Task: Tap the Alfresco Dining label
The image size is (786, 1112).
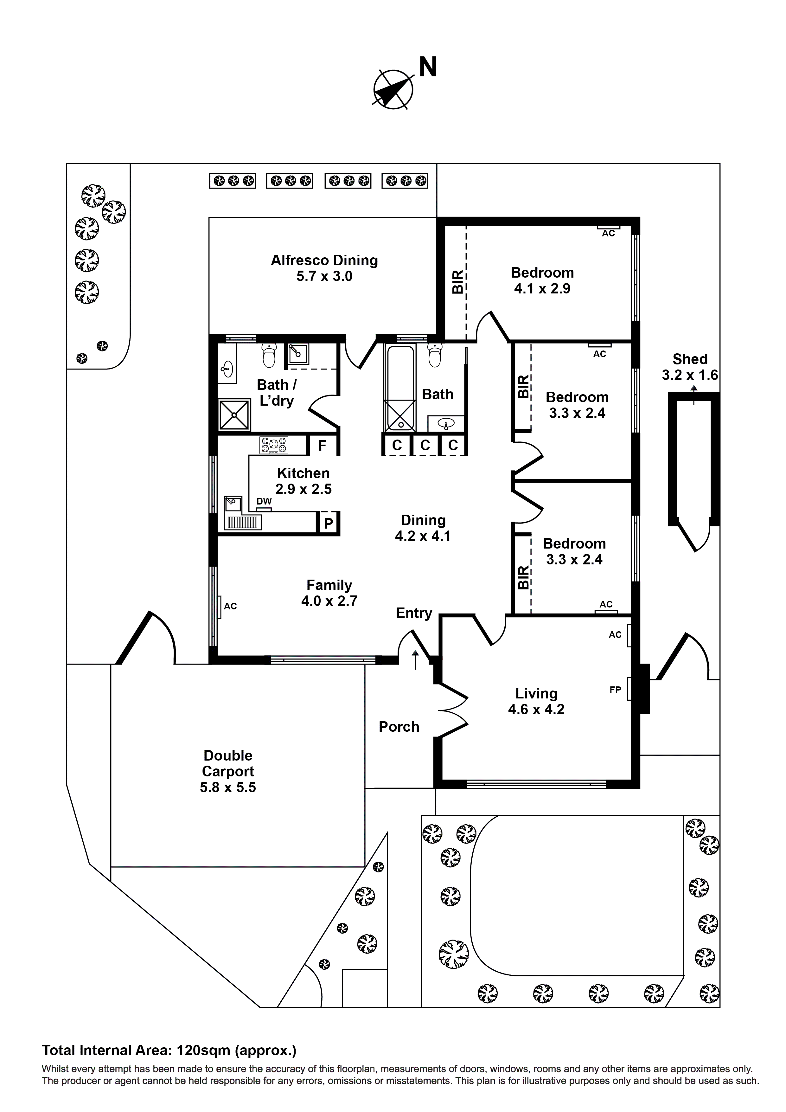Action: [x=324, y=260]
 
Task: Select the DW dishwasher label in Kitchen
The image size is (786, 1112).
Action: [x=264, y=502]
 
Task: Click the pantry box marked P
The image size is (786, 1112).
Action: [x=328, y=523]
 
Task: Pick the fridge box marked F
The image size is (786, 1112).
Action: [x=323, y=446]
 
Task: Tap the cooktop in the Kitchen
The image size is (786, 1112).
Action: [x=274, y=445]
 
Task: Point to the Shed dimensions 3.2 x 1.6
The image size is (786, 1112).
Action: [x=690, y=375]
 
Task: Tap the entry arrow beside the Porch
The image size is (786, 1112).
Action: [x=415, y=660]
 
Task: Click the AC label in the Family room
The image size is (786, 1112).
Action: [x=230, y=606]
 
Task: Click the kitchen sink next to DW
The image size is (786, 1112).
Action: [x=233, y=504]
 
